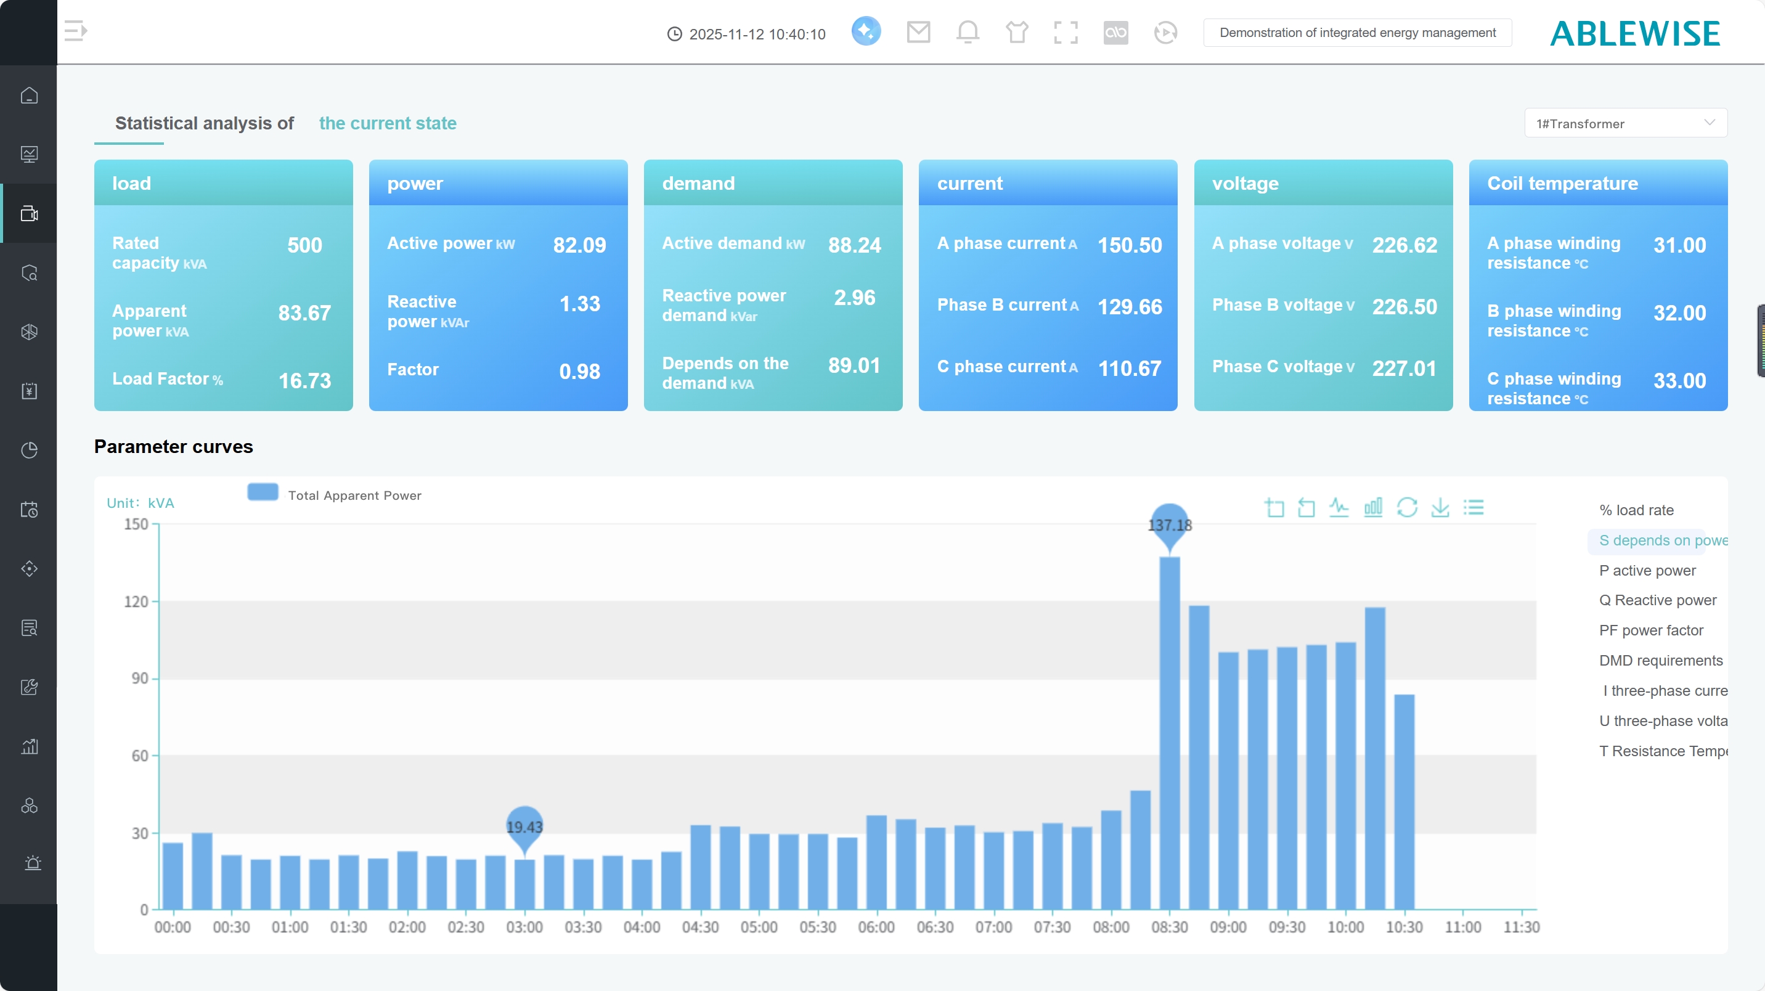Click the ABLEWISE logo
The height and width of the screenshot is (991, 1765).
point(1635,33)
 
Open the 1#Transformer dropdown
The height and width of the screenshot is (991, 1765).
point(1624,123)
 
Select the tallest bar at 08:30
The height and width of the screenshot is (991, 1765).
point(1170,733)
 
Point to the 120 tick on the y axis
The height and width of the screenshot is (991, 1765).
point(136,602)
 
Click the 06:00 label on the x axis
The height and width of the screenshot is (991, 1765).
point(876,928)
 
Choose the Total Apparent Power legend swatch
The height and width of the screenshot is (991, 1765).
point(263,493)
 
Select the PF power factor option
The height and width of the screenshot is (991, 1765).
point(1650,630)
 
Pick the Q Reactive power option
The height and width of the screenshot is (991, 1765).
point(1657,600)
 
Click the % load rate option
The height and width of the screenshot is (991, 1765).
point(1636,510)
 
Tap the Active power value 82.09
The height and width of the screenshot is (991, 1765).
point(579,245)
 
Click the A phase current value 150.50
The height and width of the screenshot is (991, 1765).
point(1129,245)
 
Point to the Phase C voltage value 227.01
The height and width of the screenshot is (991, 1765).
point(1403,368)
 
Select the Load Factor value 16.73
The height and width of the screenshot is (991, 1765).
point(304,380)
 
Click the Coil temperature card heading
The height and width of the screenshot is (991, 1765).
point(1562,184)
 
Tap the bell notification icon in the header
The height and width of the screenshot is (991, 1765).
point(968,31)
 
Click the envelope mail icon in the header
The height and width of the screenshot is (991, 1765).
point(918,31)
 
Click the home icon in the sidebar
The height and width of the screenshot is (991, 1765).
point(29,96)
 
